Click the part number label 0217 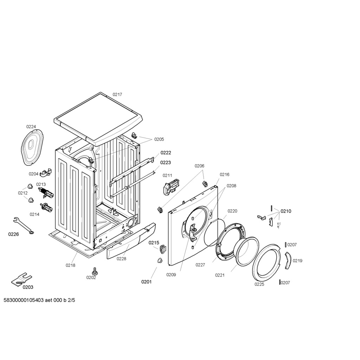pos(117,94)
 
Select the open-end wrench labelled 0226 pos(23,226)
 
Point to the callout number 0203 pos(28,287)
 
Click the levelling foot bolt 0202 pos(94,271)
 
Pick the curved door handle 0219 pos(288,260)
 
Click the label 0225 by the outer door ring pos(259,284)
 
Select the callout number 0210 pos(286,211)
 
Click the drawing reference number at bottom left pos(39,300)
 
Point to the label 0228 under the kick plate pos(121,259)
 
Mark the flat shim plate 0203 pos(21,279)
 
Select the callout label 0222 pos(166,153)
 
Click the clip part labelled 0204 pos(46,173)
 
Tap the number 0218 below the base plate pos(70,265)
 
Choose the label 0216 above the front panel pos(225,174)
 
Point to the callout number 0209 pos(171,275)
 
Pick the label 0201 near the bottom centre pos(146,282)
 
